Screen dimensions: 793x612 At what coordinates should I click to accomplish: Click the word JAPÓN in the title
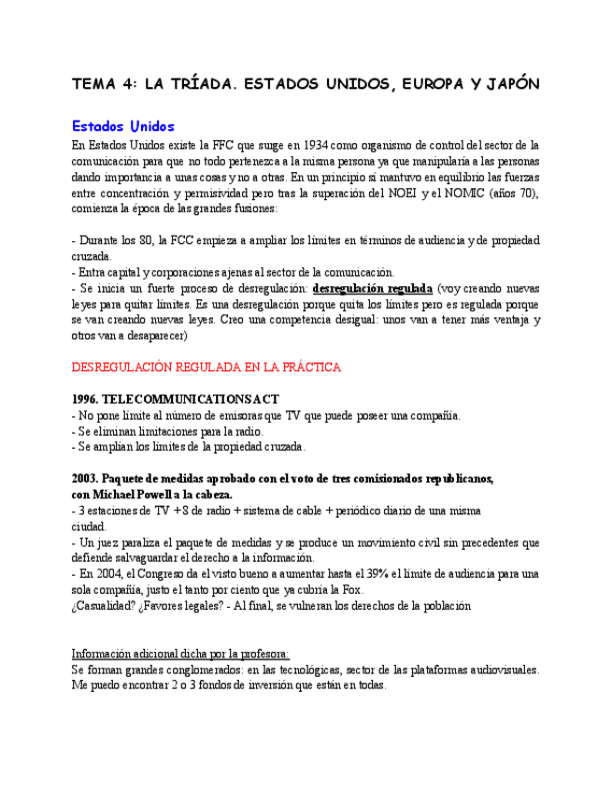coord(513,84)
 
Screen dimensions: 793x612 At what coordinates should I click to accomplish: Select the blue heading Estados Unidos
coord(122,126)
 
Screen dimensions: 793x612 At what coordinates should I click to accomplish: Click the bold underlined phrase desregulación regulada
coord(372,289)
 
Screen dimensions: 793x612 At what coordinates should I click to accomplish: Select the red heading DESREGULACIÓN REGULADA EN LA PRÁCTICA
coord(206,368)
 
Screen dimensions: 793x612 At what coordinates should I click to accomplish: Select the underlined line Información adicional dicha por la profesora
coord(180,653)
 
